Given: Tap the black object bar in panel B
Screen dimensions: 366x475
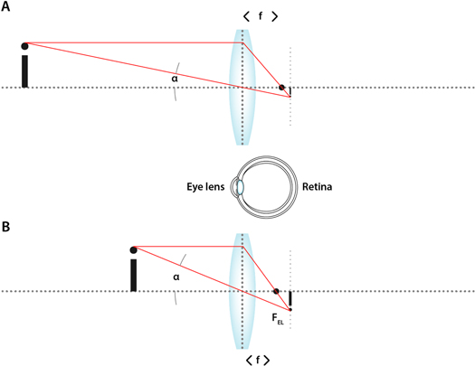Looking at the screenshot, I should [133, 276].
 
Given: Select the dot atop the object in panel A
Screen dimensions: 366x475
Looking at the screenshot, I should [24, 43].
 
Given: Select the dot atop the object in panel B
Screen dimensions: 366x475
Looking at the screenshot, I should [133, 249].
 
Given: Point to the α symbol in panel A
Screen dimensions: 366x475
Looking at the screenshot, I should [175, 78].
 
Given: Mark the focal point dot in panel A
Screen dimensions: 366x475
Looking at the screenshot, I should [282, 88].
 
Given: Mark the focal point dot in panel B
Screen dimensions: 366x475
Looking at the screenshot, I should [277, 291].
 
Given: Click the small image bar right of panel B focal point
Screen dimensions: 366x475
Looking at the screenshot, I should [290, 299].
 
